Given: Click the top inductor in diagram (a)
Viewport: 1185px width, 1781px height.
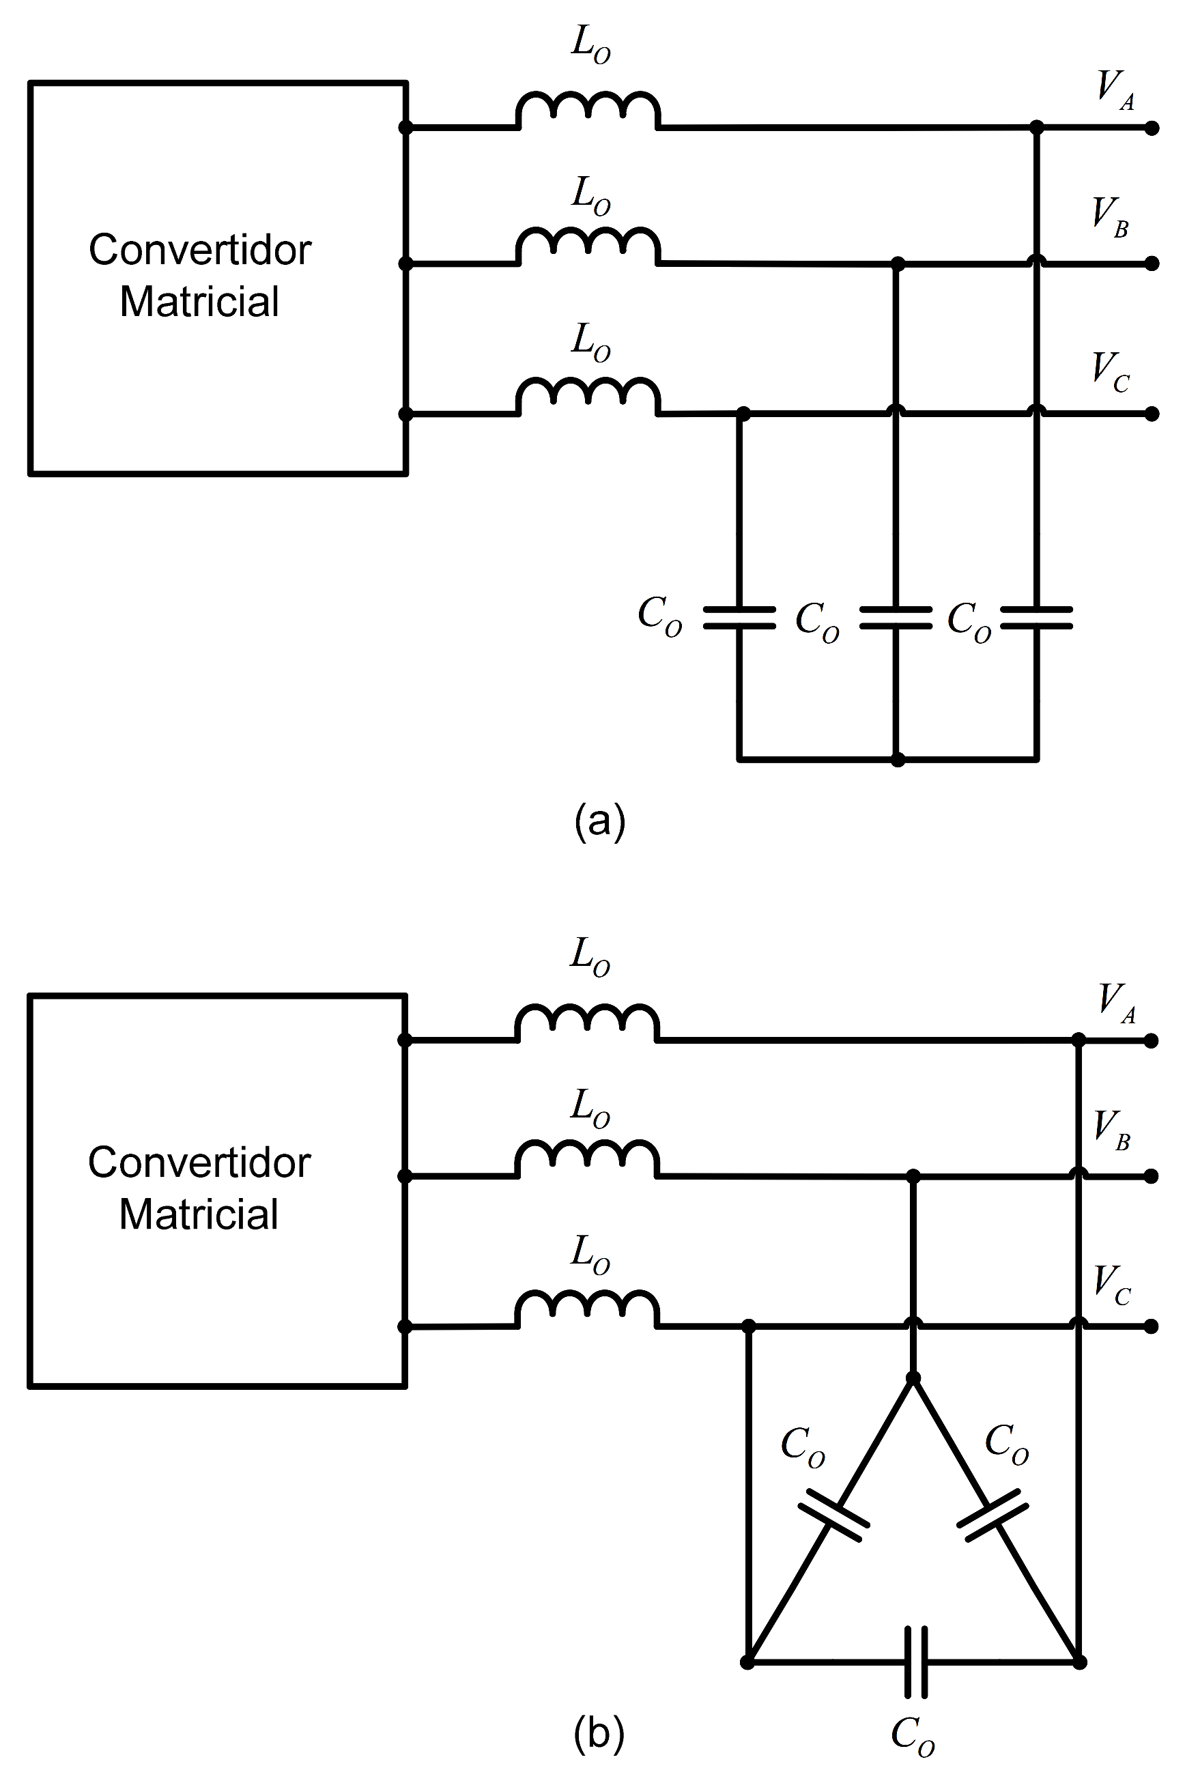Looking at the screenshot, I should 588,111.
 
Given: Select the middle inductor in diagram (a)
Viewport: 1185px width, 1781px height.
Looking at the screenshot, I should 588,246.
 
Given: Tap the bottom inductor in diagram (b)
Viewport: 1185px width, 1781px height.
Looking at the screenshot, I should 587,1309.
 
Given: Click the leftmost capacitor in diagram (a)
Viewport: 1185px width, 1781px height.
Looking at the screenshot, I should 739,617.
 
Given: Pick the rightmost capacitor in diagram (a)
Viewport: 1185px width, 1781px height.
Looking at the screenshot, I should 1036,617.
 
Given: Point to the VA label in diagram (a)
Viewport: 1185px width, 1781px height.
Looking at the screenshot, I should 1115,91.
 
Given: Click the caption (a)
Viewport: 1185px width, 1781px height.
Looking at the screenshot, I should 600,821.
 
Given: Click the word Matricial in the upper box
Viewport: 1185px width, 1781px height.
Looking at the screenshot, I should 199,302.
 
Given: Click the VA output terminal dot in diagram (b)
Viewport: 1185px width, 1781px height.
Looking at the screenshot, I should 1151,1041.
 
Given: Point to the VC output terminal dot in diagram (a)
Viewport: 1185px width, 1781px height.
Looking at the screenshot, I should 1151,414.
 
